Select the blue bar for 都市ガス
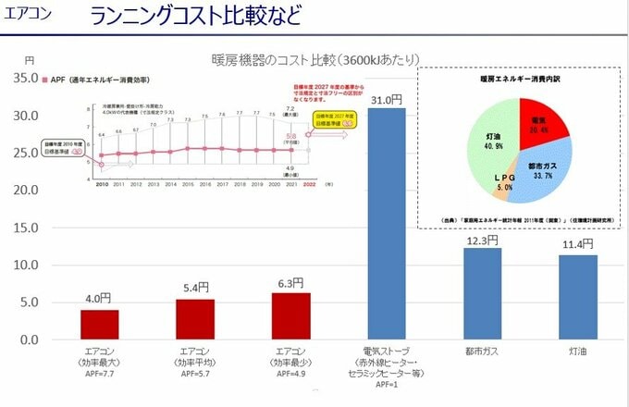[482, 293]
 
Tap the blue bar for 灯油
[577, 297]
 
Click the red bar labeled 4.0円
[99, 325]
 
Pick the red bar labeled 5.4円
[194, 319]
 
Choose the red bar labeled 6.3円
[290, 315]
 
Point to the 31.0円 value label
[386, 99]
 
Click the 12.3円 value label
[482, 240]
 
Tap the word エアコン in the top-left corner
[28, 16]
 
